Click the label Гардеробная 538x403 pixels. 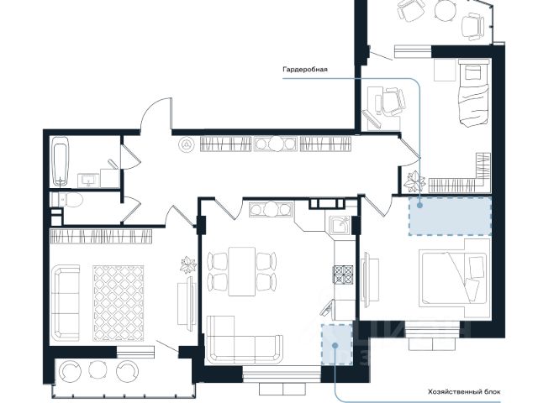(304, 70)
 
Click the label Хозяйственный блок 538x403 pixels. (464, 392)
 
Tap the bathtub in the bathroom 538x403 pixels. (61, 161)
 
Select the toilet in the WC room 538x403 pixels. (67, 200)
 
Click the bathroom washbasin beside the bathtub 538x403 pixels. (88, 181)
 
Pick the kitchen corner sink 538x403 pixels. (340, 225)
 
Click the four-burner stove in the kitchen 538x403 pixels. (343, 275)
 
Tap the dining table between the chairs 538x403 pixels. (242, 271)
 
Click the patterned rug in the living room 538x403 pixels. (119, 303)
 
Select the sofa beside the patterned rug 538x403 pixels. (66, 302)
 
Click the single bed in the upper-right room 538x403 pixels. (473, 92)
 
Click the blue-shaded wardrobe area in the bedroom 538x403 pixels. (451, 217)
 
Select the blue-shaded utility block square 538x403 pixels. (337, 344)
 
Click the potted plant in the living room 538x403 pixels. (188, 265)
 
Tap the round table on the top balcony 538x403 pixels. (445, 9)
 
